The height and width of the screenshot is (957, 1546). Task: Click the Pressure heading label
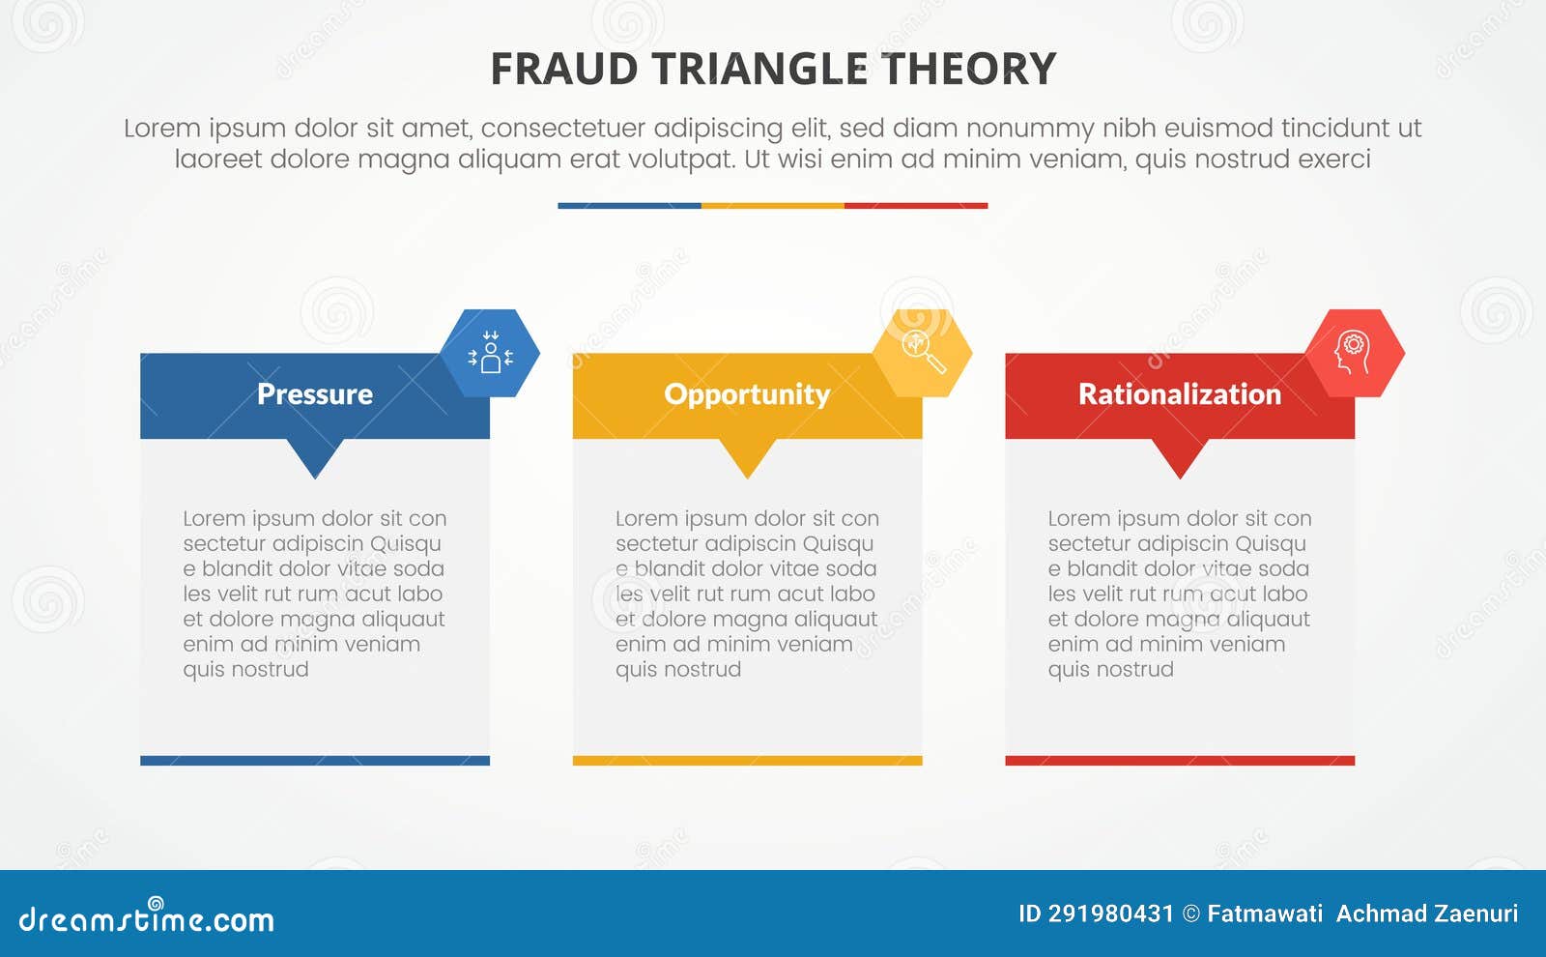(314, 394)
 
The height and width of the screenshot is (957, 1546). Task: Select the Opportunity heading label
(747, 394)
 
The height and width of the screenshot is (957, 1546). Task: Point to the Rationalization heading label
(1179, 394)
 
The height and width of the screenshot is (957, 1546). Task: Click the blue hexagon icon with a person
(490, 353)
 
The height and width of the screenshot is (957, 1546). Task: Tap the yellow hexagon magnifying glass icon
(923, 353)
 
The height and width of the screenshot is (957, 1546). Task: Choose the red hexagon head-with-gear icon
(1355, 353)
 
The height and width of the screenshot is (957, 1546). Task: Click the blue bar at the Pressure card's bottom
(314, 761)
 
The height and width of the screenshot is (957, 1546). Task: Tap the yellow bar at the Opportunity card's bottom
(747, 761)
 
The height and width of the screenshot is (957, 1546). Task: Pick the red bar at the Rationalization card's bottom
(1179, 761)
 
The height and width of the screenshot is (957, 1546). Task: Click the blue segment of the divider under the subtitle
(629, 206)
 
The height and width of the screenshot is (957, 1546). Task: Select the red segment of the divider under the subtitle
(916, 206)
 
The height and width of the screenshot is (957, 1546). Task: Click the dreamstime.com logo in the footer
(146, 918)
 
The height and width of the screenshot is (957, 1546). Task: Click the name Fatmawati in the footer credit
(1265, 913)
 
